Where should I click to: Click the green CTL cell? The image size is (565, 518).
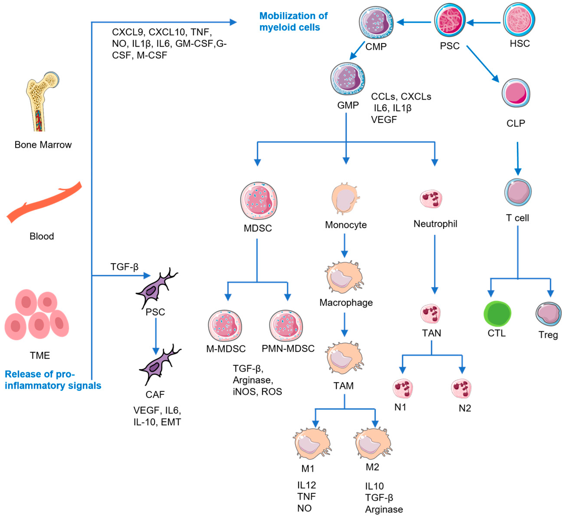(497, 313)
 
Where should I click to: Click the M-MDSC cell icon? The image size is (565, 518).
(225, 325)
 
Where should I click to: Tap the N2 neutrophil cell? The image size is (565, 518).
(461, 388)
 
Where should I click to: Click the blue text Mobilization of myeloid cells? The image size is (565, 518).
(293, 21)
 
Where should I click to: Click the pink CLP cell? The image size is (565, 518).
(515, 93)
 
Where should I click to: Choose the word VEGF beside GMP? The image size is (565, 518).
(384, 120)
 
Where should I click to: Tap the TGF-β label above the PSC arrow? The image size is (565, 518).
(124, 267)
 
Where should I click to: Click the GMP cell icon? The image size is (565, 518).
(348, 79)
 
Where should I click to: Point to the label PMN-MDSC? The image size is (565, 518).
(288, 349)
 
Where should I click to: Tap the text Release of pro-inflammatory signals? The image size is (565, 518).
(53, 380)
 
